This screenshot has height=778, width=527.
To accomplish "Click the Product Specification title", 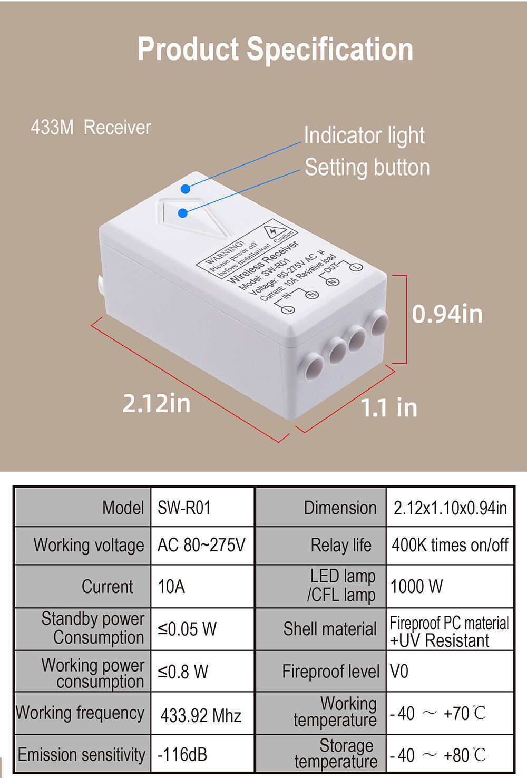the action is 275,50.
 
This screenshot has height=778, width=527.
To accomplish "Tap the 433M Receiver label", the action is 91,127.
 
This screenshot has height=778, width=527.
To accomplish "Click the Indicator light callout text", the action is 364,135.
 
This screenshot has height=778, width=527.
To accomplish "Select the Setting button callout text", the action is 367,168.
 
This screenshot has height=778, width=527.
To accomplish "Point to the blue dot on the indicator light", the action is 186,189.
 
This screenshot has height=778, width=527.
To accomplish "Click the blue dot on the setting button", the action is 183,213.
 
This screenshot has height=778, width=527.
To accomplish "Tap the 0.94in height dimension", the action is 447,314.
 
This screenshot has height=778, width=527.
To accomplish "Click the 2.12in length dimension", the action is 157,403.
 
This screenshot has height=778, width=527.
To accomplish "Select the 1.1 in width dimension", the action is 389,407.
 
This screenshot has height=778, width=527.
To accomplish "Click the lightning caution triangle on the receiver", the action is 275,232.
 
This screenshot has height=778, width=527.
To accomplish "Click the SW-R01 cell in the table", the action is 184,508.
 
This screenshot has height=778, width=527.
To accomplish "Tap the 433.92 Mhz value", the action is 201,716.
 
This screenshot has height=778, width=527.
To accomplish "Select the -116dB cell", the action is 182,754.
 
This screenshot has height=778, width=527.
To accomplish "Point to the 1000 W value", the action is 417,586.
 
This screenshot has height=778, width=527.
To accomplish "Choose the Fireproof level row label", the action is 330,671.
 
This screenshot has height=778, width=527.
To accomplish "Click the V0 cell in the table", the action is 399,671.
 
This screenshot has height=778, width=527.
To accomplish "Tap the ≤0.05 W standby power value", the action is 187,629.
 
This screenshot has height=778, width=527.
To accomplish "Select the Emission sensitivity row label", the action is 82,754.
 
